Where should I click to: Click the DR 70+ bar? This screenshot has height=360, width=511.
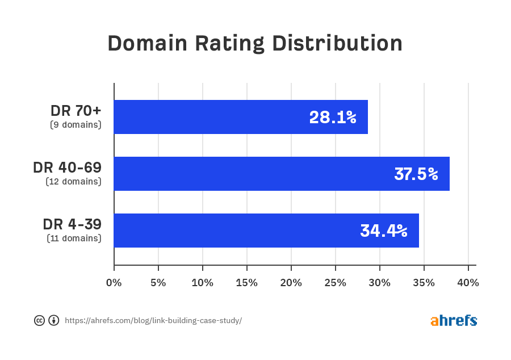point(241,117)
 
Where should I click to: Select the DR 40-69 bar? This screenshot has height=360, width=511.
point(282,174)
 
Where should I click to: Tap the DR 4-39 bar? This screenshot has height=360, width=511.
point(266,231)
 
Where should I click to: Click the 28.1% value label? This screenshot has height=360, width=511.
point(333,118)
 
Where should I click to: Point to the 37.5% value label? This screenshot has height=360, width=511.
point(416,174)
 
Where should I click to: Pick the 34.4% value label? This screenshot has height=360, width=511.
point(384,231)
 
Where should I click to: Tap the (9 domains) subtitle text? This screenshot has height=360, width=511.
point(76,124)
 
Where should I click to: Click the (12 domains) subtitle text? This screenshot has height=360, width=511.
point(73,182)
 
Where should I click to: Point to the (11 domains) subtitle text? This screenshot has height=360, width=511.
point(74,238)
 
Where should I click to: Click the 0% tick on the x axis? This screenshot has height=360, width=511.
point(114,283)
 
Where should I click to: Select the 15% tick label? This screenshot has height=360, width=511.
point(247,283)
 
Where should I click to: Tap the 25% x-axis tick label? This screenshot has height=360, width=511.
point(336,283)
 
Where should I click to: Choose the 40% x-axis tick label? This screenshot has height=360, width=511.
point(468,283)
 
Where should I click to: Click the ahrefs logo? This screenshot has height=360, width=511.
point(454,320)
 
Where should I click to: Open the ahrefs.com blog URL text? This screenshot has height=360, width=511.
point(153,321)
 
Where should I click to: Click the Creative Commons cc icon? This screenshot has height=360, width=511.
point(39,320)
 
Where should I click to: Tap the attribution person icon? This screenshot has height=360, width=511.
point(54,320)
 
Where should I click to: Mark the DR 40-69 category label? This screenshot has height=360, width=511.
point(67,168)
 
